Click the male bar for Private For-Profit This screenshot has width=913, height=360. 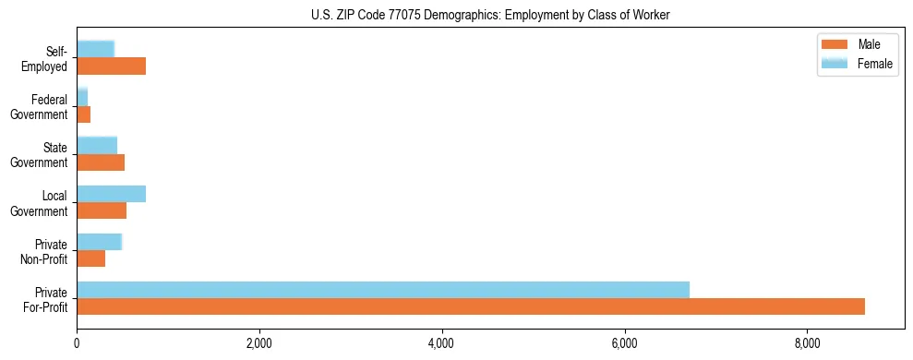pos(471,306)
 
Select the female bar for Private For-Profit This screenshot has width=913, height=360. pos(383,290)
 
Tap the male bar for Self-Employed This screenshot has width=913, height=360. pos(111,66)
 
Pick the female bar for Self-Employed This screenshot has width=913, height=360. pos(95,49)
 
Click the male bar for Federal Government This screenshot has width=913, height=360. pos(83,114)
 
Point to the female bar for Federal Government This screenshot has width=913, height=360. pos(82,97)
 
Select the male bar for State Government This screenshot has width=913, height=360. pos(101,162)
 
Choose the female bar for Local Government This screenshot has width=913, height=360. pos(111,194)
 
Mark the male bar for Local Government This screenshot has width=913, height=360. pos(102,210)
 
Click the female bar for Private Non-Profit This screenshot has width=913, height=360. pos(99,242)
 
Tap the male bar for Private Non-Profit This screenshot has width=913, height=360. pos(90,258)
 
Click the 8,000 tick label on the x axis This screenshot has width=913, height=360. pos(808,344)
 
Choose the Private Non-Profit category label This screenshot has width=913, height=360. pos(46,251)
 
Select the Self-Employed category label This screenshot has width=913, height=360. pos(45,59)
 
